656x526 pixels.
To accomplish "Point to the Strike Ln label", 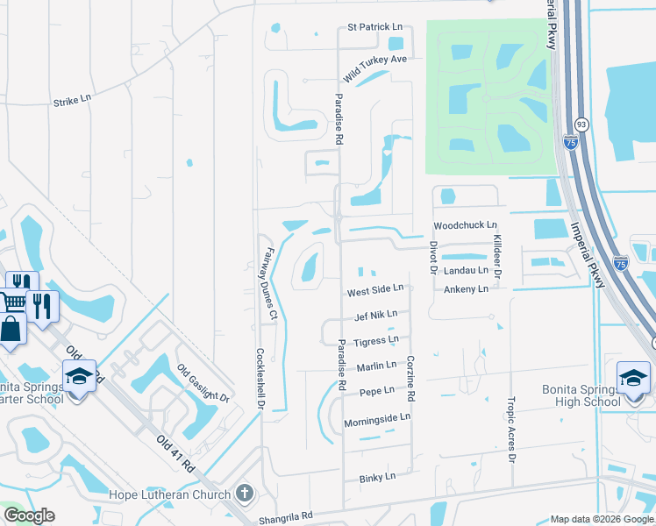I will [72, 102].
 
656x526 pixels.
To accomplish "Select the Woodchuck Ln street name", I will [465, 225].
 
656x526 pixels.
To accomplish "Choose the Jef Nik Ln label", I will [376, 315].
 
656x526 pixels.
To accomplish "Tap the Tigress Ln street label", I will [375, 340].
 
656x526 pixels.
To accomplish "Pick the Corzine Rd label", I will [410, 380].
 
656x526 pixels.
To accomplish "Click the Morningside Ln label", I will [376, 418].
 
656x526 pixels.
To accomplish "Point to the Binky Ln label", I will [378, 478].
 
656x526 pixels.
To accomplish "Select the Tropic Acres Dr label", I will [511, 430].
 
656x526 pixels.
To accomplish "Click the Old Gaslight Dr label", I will [203, 383].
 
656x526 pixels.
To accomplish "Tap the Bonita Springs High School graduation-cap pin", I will [633, 378].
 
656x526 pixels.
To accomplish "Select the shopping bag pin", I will [10, 331].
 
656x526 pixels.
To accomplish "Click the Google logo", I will [29, 515].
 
